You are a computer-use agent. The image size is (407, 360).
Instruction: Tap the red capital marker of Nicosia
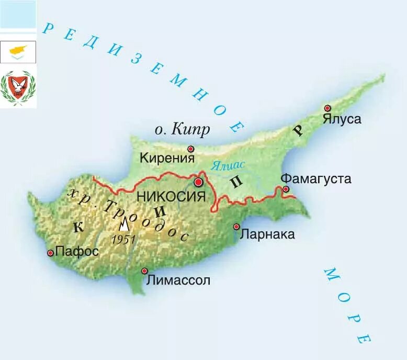pyautogui.click(x=198, y=182)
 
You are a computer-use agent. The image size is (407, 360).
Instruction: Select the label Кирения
pyautogui.click(x=167, y=157)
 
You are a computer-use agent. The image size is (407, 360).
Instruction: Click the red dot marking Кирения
pyautogui.click(x=190, y=149)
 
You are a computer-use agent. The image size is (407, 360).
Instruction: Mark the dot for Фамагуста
pyautogui.click(x=286, y=189)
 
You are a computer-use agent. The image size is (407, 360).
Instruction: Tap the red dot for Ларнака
pyautogui.click(x=236, y=227)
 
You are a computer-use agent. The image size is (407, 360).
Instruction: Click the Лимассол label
pyautogui.click(x=178, y=280)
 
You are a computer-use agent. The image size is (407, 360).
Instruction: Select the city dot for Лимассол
pyautogui.click(x=144, y=271)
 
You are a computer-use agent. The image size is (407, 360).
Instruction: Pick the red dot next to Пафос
pyautogui.click(x=50, y=253)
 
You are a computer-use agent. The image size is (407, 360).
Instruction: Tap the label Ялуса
pyautogui.click(x=342, y=119)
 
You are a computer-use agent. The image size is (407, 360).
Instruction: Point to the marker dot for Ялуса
pyautogui.click(x=327, y=108)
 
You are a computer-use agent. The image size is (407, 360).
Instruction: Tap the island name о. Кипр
pyautogui.click(x=183, y=129)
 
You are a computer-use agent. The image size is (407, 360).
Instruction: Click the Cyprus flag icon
pyautogui.click(x=18, y=52)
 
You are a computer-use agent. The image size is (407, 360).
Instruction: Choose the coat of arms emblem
pyautogui.click(x=18, y=87)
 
